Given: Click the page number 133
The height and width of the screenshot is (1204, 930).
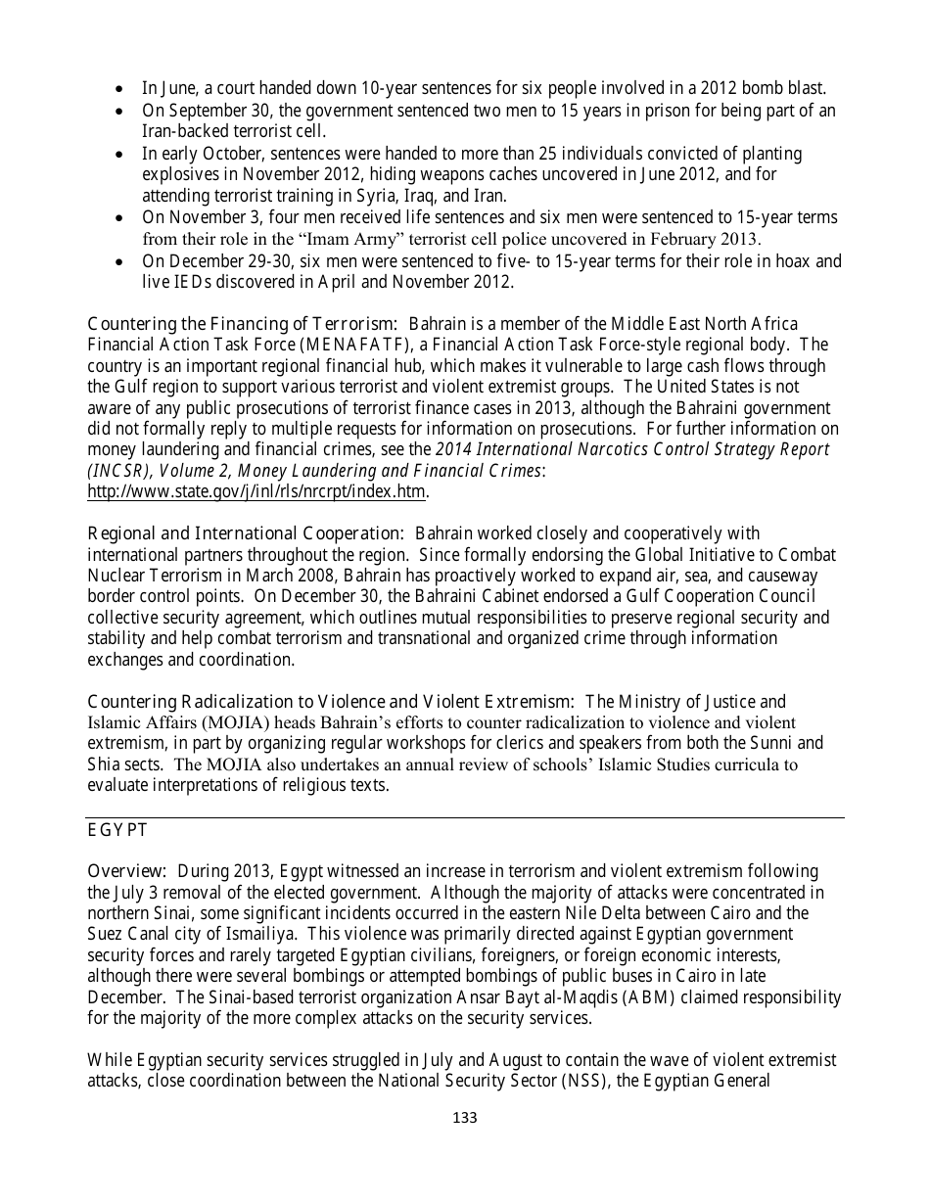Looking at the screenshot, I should (465, 1118).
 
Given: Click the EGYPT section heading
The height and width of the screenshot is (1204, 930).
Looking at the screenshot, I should (117, 830).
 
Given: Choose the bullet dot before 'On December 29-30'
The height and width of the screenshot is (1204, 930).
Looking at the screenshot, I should (119, 261).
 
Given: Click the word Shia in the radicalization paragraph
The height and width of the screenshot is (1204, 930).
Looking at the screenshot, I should (105, 764).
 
